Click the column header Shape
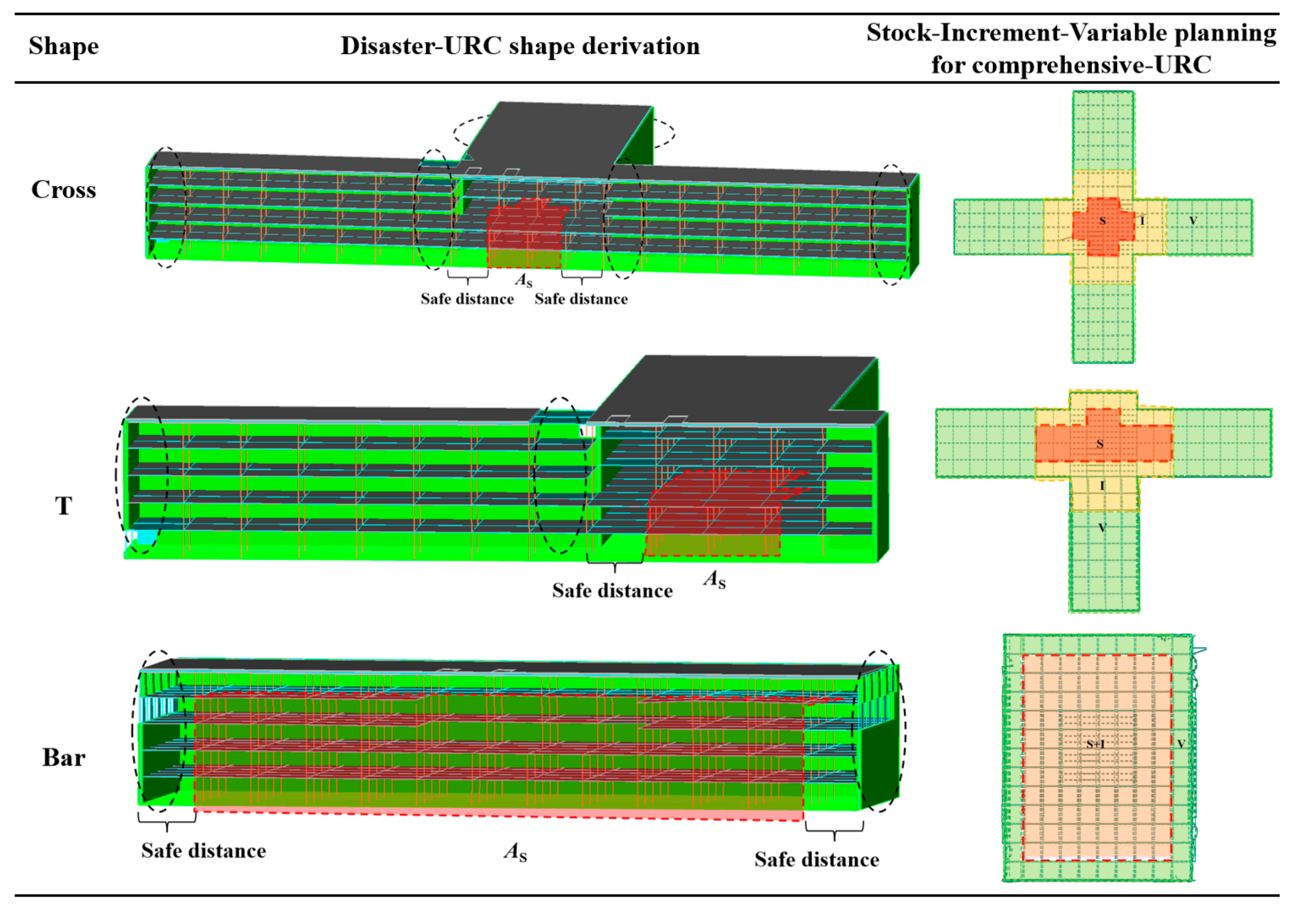(x=63, y=46)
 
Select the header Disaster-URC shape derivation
(x=520, y=45)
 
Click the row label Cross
(x=63, y=190)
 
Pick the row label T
(x=63, y=506)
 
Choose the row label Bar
(x=63, y=757)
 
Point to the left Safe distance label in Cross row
(x=467, y=298)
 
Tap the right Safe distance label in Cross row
(x=581, y=298)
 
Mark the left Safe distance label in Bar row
(x=203, y=850)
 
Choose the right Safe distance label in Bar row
(x=817, y=859)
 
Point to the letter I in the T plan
(x=1102, y=485)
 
